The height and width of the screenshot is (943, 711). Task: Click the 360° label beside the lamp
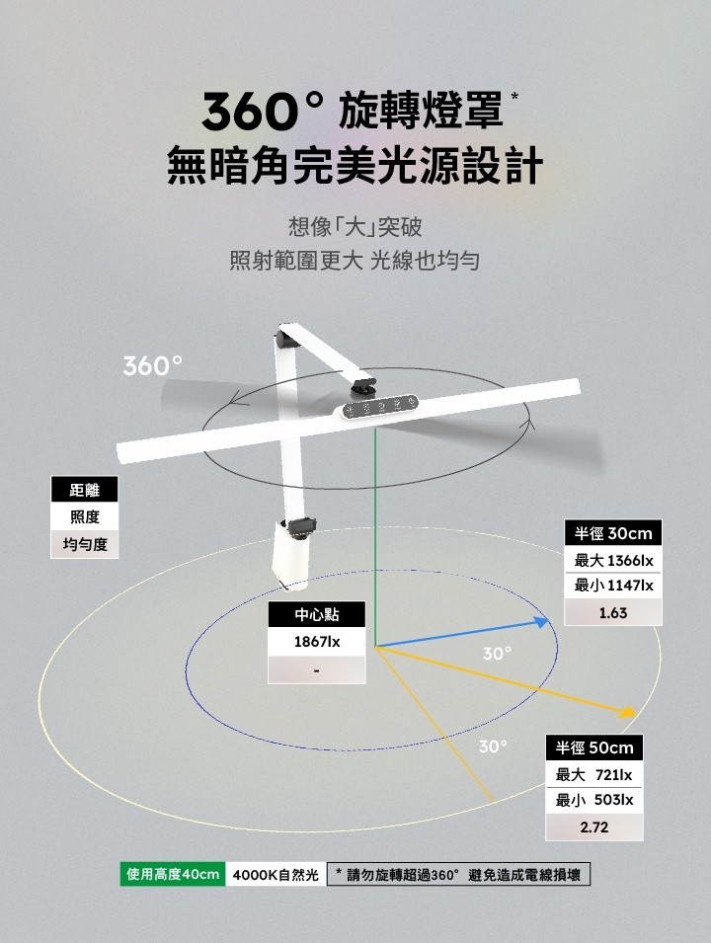pos(152,365)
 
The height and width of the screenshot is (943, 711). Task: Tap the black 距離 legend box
pos(84,490)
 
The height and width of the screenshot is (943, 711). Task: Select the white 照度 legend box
pos(84,517)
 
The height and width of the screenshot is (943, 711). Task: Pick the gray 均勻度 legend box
pos(84,545)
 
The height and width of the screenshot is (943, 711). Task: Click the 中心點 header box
pos(317,615)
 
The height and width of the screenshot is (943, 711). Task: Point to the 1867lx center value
pos(317,642)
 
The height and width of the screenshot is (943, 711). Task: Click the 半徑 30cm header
pos(613,533)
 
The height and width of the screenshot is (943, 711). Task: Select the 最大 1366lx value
pos(613,561)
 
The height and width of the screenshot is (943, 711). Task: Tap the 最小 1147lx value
pos(613,587)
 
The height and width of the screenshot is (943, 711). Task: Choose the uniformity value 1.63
pos(613,613)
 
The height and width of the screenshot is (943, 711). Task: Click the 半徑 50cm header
pos(594,747)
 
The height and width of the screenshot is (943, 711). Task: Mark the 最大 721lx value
pos(594,775)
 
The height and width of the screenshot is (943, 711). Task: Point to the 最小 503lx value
pos(594,800)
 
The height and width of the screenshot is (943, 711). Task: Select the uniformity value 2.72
pos(594,826)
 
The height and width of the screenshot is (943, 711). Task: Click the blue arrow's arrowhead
pos(540,621)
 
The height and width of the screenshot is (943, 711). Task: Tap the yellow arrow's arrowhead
pos(628,711)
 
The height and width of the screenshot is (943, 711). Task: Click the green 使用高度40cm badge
pos(173,875)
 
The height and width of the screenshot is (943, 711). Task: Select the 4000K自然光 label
pos(276,875)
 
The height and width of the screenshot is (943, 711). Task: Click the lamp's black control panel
pos(380,407)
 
